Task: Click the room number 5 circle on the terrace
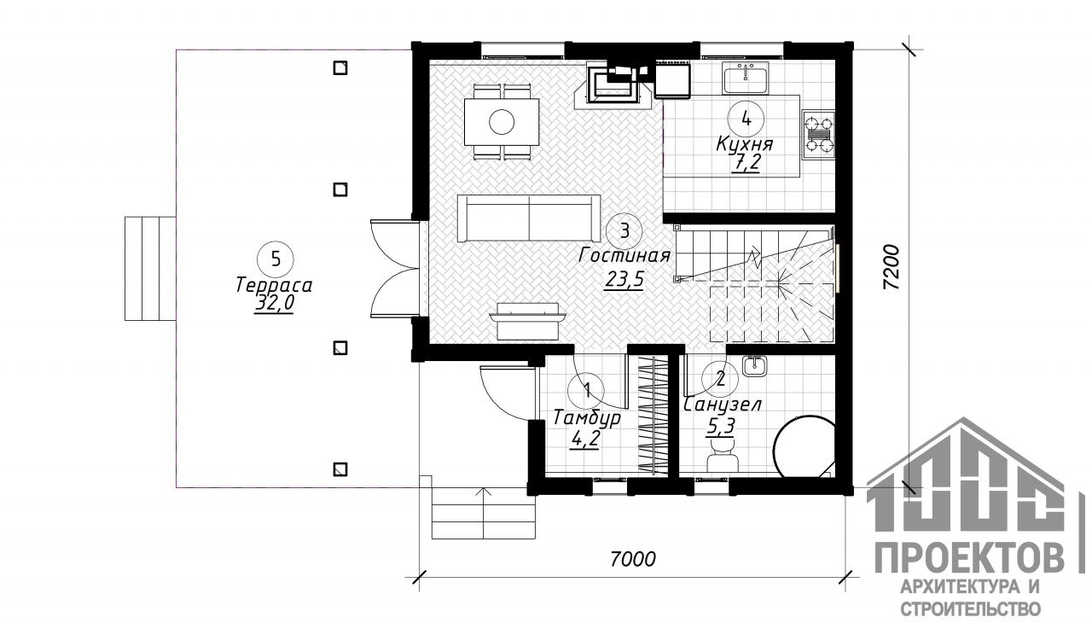point(276,259)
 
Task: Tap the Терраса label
point(274,285)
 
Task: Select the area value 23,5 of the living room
point(624,279)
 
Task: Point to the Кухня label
point(745,145)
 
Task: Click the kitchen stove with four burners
point(819,134)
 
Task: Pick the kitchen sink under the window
point(746,78)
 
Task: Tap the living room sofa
point(529,218)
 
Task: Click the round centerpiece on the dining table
point(501,122)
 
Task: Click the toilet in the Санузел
point(722,454)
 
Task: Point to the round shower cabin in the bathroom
point(804,446)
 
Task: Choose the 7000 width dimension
point(633,559)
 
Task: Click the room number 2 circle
point(721,378)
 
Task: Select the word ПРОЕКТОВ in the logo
point(970,558)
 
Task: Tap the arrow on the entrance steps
point(483,511)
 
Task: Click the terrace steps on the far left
point(150,269)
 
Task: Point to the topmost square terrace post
point(340,67)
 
